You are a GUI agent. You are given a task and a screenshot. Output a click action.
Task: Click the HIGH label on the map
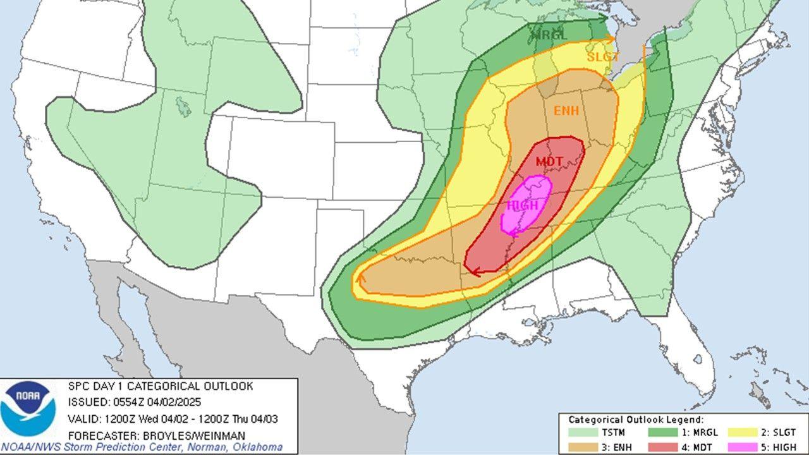click(x=522, y=205)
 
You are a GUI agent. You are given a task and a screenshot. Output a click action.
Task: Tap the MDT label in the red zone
click(x=549, y=162)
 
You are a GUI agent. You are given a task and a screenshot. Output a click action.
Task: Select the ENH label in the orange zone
click(x=566, y=111)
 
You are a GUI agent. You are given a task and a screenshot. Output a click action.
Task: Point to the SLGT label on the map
click(x=603, y=56)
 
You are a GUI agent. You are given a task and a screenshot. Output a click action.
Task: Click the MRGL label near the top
click(x=549, y=35)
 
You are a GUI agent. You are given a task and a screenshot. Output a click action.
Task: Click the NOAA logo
click(x=28, y=406)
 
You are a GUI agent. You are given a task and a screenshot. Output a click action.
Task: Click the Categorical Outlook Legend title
click(x=636, y=420)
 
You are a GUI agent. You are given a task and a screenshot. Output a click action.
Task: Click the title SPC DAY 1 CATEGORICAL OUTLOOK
click(x=161, y=386)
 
